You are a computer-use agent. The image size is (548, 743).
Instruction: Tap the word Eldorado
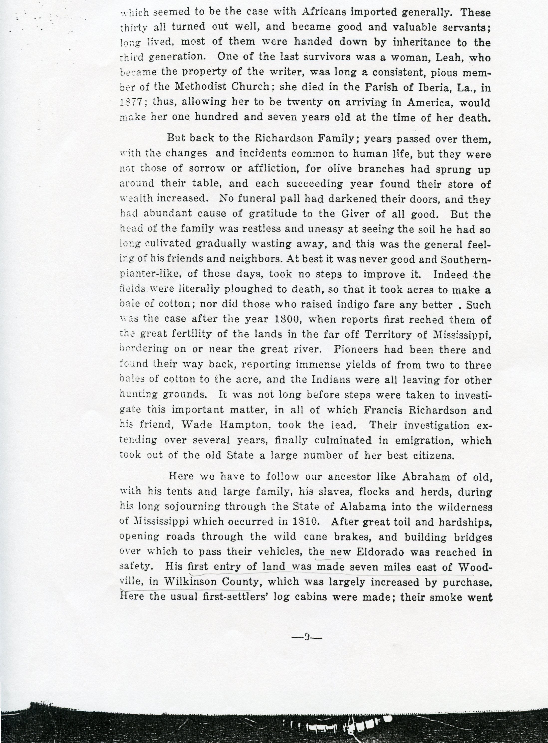[x=376, y=552]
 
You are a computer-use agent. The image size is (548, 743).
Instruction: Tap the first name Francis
[x=383, y=410]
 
